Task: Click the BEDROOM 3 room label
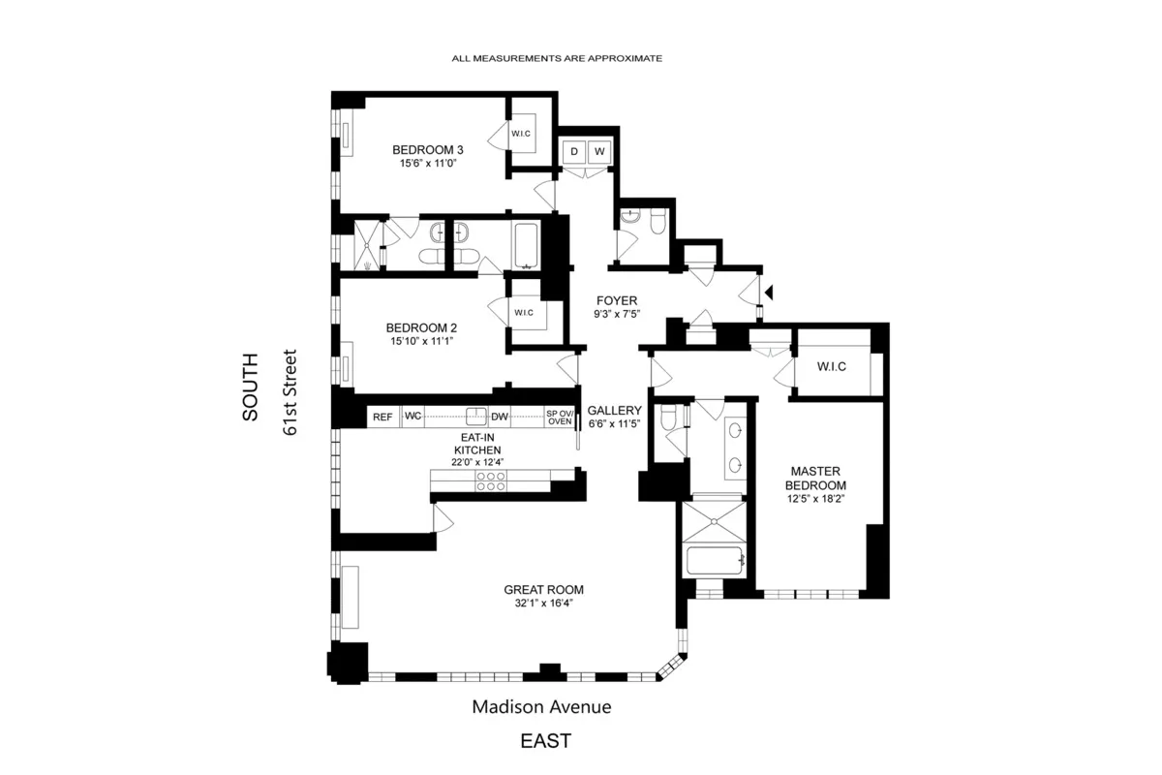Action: [x=427, y=150]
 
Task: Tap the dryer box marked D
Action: [x=573, y=152]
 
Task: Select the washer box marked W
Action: [x=599, y=152]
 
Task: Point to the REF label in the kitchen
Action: [x=382, y=418]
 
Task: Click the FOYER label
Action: [x=615, y=300]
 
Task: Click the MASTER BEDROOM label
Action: [x=815, y=479]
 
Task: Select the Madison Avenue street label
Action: [x=541, y=707]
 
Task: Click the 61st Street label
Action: [x=289, y=392]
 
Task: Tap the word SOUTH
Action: [x=250, y=386]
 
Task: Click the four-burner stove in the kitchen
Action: [x=491, y=481]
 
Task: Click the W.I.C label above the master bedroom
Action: [x=832, y=366]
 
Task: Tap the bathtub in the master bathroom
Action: [x=714, y=561]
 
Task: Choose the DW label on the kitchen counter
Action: [x=500, y=418]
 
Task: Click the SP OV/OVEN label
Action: [x=560, y=418]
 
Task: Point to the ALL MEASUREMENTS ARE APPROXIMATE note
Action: [x=557, y=59]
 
